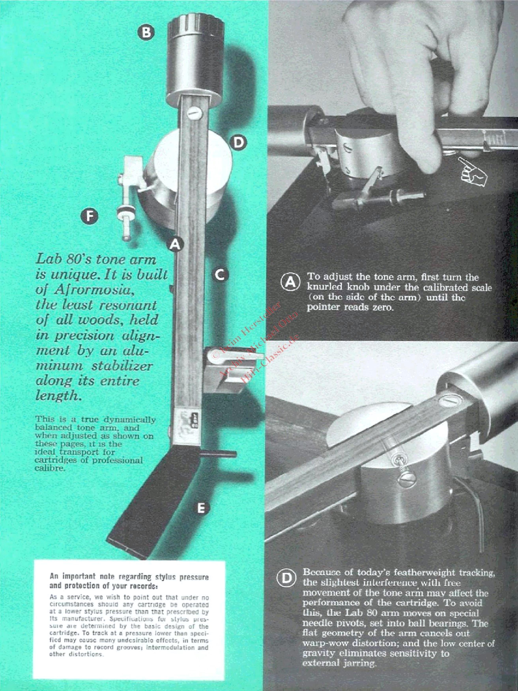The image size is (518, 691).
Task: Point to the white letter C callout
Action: (x=220, y=275)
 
